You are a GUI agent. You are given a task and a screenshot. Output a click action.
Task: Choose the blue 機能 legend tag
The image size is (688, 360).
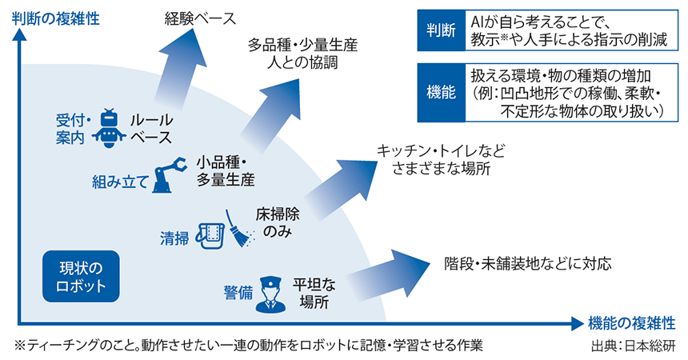[439, 92]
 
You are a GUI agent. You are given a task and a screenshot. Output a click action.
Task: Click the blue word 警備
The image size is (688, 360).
[238, 293]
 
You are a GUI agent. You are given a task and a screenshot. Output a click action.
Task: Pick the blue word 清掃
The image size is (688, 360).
[174, 238]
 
